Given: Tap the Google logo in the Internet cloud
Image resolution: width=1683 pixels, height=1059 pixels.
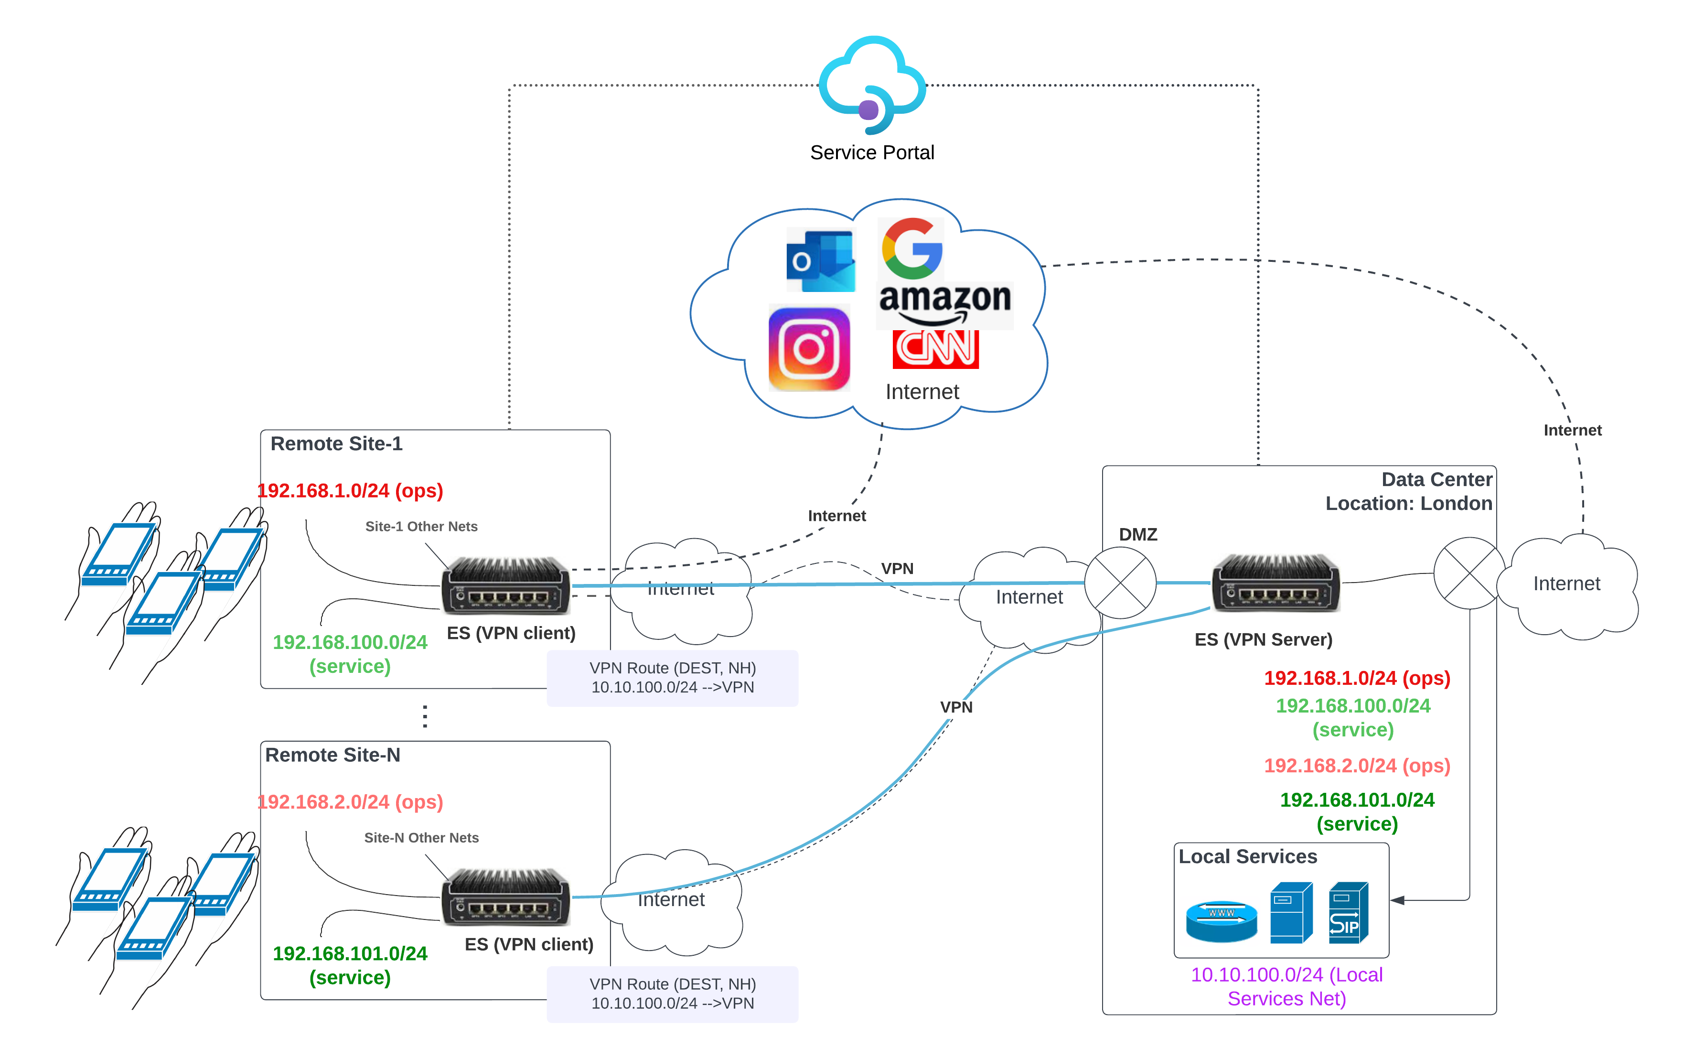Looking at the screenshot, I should click(x=912, y=248).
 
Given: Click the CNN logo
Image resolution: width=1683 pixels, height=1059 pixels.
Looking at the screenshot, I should click(x=935, y=348).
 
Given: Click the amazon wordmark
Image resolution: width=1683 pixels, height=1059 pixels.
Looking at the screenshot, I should click(x=944, y=299).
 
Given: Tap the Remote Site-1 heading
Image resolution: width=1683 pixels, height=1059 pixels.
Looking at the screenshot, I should click(x=336, y=444).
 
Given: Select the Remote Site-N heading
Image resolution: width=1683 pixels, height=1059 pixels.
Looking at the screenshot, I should click(x=332, y=755).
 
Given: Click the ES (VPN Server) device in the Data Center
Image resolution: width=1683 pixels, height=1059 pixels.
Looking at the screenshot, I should click(x=1276, y=584).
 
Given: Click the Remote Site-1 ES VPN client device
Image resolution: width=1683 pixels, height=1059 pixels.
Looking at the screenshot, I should click(x=505, y=586).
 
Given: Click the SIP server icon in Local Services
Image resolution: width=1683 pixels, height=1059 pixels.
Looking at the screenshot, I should click(x=1348, y=913).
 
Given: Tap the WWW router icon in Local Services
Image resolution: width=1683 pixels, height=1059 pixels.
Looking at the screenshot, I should click(x=1221, y=920).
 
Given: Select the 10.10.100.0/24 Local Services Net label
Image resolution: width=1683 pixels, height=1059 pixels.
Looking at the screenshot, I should click(x=1286, y=986).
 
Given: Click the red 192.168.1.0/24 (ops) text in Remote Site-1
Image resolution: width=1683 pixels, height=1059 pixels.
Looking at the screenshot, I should click(x=350, y=491).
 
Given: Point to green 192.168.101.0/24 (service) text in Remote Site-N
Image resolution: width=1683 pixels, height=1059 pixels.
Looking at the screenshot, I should click(x=350, y=965).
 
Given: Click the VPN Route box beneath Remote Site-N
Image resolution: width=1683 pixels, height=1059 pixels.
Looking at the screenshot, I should click(x=672, y=994).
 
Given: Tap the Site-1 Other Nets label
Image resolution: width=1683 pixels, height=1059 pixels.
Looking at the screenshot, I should click(x=421, y=526).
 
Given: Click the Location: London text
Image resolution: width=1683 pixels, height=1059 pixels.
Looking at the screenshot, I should click(x=1408, y=503).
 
